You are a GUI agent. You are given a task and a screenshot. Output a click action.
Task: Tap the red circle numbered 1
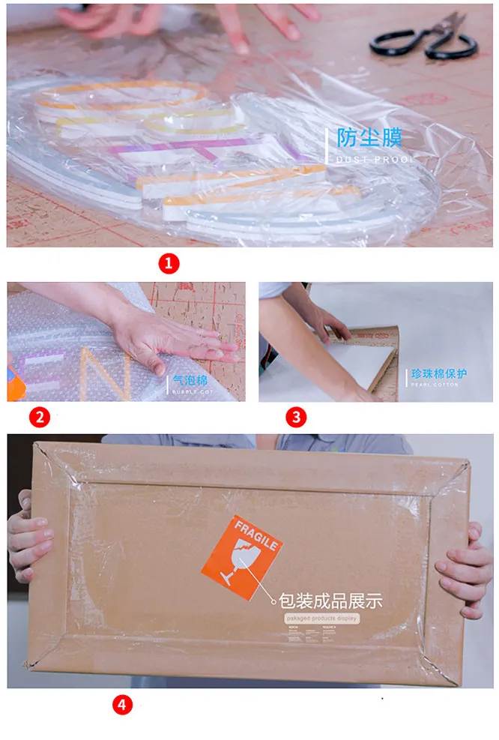pyautogui.click(x=169, y=263)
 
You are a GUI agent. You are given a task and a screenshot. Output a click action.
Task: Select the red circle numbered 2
pyautogui.click(x=40, y=416)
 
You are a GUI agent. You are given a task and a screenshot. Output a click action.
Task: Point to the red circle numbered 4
pyautogui.click(x=123, y=706)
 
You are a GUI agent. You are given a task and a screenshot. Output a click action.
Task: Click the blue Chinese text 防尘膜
pyautogui.click(x=369, y=138)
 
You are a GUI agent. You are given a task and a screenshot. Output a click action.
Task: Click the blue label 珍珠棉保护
pyautogui.click(x=439, y=373)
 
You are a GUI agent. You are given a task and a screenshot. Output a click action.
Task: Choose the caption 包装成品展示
pyautogui.click(x=330, y=601)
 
